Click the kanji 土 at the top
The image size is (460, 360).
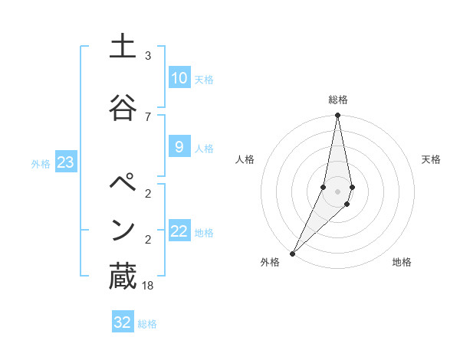click(x=122, y=47)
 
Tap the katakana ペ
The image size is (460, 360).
click(x=122, y=185)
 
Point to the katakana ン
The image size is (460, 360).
click(x=122, y=230)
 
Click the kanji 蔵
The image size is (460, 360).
click(x=122, y=277)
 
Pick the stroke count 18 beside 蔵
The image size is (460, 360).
click(x=148, y=285)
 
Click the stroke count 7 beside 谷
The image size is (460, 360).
click(x=148, y=116)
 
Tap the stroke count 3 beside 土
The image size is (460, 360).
click(x=148, y=56)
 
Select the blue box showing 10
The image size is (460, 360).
click(x=179, y=78)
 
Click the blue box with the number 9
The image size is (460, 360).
click(x=179, y=147)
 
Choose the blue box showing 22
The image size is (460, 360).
click(x=179, y=232)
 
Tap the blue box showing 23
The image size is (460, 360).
click(x=65, y=162)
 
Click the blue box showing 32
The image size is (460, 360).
click(x=122, y=322)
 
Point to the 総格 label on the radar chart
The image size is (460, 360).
click(x=338, y=100)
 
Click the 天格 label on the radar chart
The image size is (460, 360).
click(x=432, y=159)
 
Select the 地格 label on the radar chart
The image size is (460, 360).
click(x=402, y=262)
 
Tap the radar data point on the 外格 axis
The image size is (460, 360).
click(x=292, y=253)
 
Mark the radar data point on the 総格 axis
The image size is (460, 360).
click(x=337, y=116)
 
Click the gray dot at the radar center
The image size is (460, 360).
click(x=337, y=191)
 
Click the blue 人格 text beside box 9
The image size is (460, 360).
click(x=204, y=149)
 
